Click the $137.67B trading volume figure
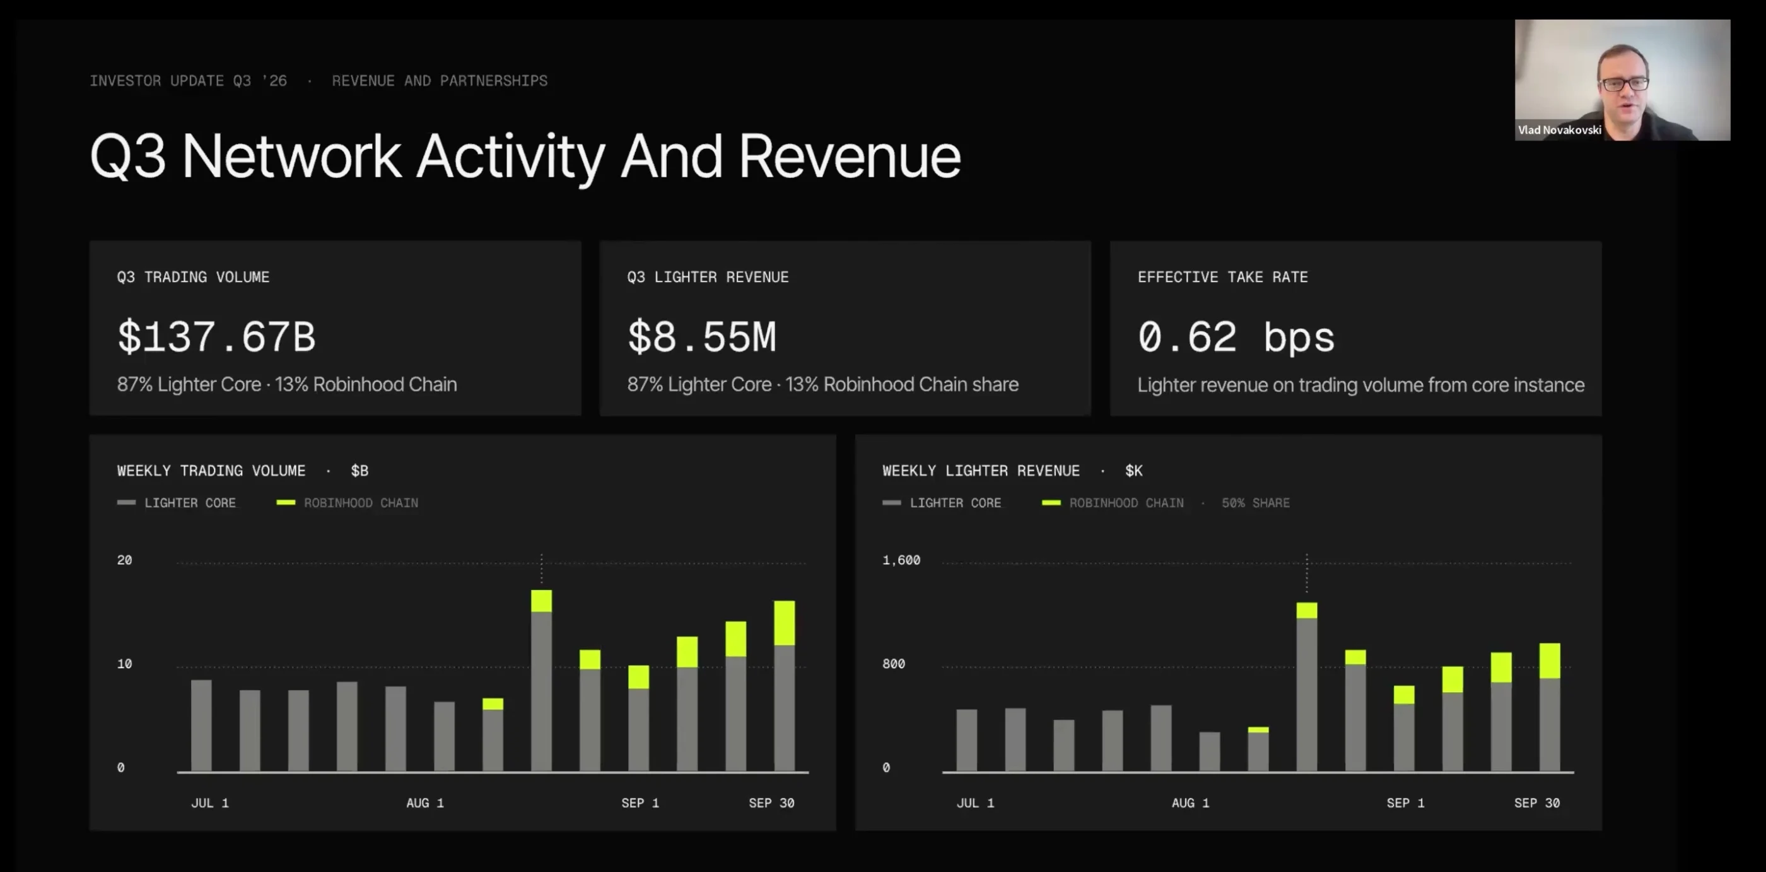(216, 337)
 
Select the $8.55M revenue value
(701, 337)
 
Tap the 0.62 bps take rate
(1236, 337)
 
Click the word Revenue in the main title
(850, 156)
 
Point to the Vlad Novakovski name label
(1560, 130)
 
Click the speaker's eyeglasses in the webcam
(1623, 84)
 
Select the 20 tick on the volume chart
(124, 560)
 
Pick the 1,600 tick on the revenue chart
(901, 560)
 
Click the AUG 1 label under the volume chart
(425, 803)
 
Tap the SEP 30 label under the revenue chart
(1536, 803)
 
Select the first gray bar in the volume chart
(201, 726)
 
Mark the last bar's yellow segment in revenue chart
(1550, 661)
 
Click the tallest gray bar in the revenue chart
(1307, 695)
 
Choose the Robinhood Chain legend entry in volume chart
(347, 503)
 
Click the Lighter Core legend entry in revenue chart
(941, 503)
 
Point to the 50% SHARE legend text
(1255, 503)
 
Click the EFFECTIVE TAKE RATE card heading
(1222, 277)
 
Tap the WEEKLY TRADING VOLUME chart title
(211, 471)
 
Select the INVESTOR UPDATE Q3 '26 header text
(188, 81)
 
